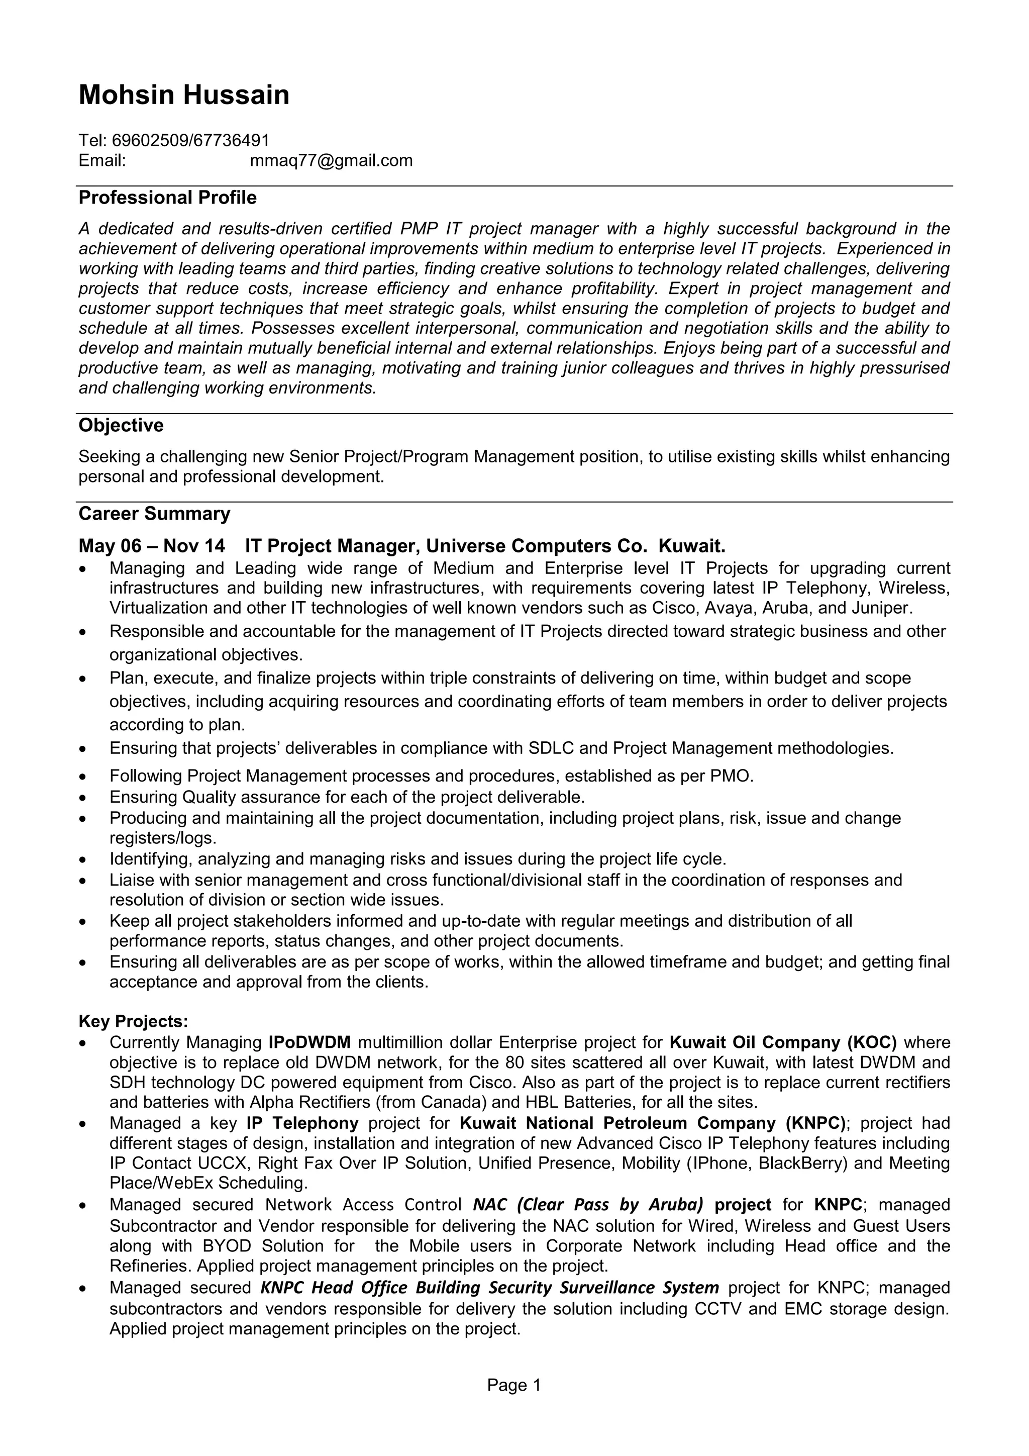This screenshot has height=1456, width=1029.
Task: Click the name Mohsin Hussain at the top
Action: point(184,95)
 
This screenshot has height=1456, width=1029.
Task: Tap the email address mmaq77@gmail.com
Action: point(331,160)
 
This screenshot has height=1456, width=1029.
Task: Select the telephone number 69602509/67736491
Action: point(190,140)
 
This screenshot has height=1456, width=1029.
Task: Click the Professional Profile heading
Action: point(167,198)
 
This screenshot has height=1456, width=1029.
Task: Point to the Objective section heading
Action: point(121,426)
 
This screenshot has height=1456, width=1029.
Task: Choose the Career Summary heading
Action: point(154,514)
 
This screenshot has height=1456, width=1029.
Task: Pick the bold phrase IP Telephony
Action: point(302,1123)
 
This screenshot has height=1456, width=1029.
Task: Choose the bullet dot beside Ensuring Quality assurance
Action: point(82,798)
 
